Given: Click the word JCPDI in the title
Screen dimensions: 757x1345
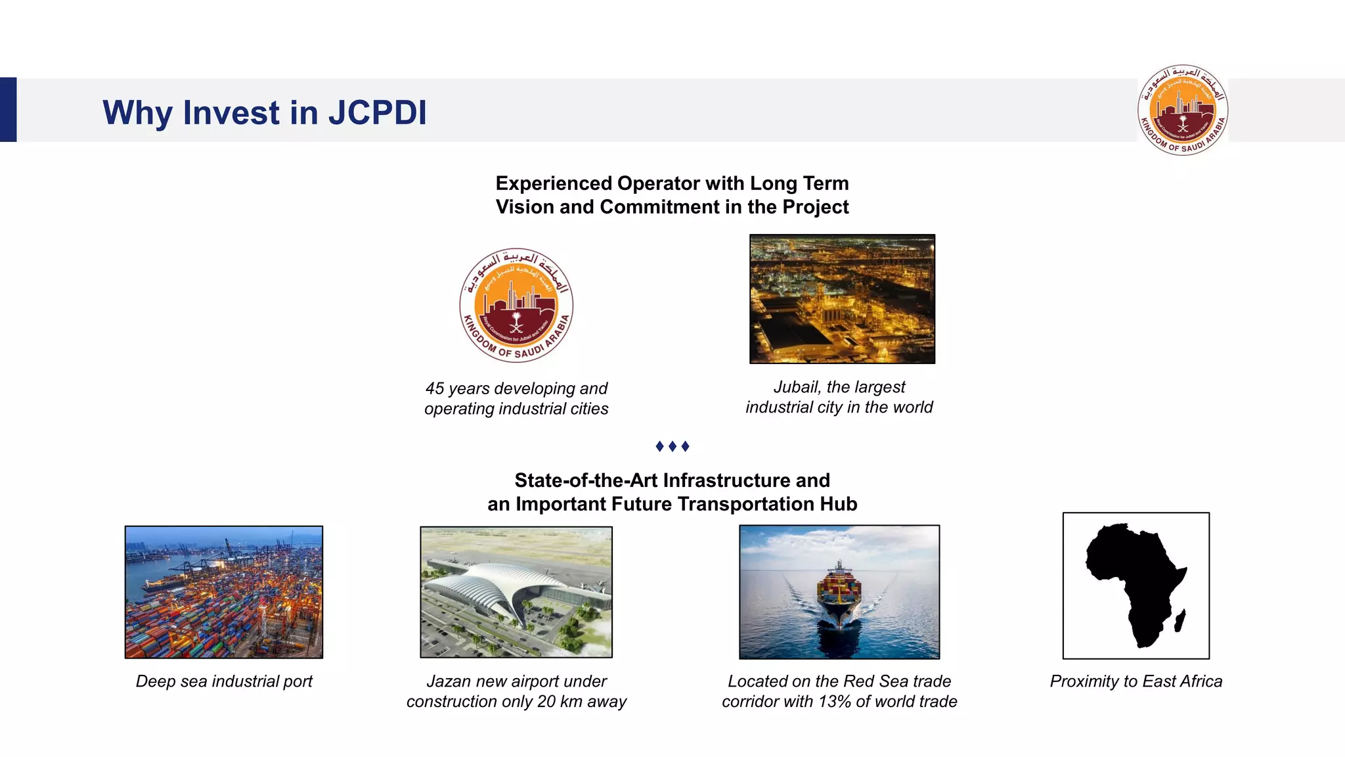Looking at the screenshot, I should (x=377, y=112).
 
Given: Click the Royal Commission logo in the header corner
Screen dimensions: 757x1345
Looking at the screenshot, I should (x=1182, y=110).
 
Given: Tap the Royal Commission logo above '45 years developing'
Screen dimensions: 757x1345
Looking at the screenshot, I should (x=516, y=305).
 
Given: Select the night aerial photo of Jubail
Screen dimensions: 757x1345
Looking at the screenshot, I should (x=842, y=299).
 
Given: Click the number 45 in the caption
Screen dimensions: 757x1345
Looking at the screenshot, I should (x=435, y=388).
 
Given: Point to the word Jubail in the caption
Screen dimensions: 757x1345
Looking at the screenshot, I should (x=795, y=387).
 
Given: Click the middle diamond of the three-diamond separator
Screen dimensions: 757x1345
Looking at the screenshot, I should (x=672, y=446).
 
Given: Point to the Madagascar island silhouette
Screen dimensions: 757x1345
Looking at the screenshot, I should (x=1180, y=620).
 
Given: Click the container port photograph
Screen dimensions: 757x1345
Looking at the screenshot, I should (x=224, y=591).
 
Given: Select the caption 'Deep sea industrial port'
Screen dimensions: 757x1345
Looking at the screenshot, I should (x=224, y=681).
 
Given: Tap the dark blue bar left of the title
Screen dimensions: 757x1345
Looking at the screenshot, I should (x=8, y=110).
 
